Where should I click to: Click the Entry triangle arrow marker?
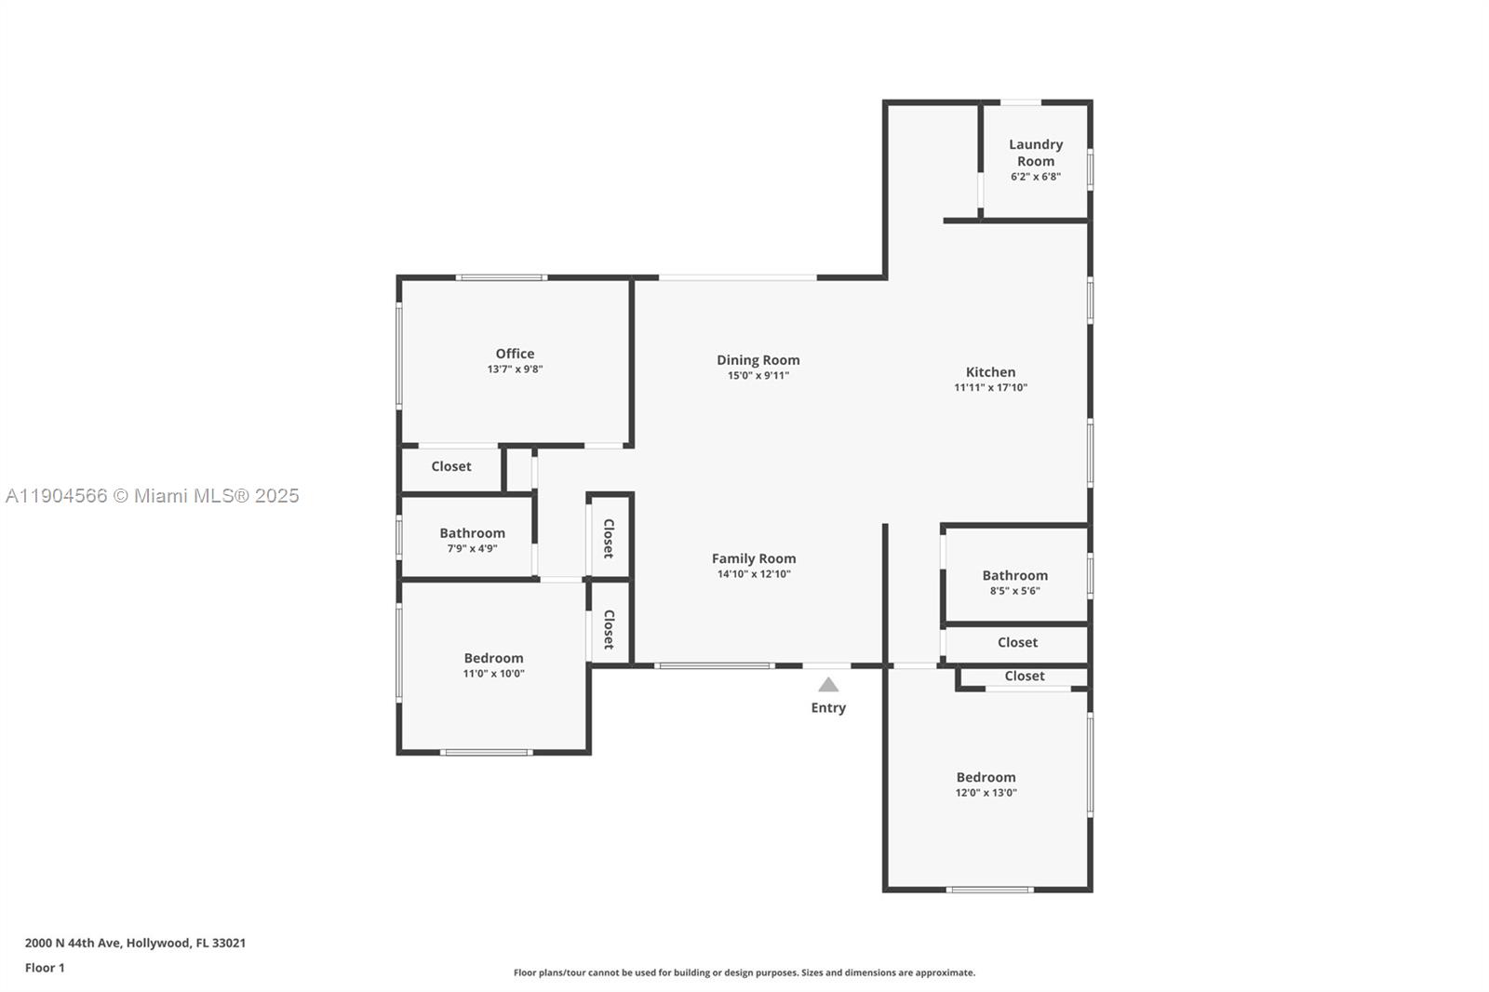tap(828, 685)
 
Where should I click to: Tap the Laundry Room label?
tap(1035, 153)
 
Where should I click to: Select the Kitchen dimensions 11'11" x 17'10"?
tap(990, 388)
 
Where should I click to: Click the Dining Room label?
tap(758, 360)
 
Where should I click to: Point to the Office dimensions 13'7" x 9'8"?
tap(515, 369)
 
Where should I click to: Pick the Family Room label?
tap(754, 558)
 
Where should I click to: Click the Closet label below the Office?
tap(451, 466)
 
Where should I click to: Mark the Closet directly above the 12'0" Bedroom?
tap(1024, 677)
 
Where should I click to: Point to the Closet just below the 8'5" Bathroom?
tap(1017, 642)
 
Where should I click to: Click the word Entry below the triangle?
tap(828, 708)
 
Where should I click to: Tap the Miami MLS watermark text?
tap(153, 496)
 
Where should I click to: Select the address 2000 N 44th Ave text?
tap(135, 943)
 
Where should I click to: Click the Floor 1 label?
tap(45, 968)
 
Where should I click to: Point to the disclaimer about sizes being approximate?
tap(744, 972)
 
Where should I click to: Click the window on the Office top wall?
tap(501, 277)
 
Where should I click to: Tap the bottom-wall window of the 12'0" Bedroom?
tap(989, 890)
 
